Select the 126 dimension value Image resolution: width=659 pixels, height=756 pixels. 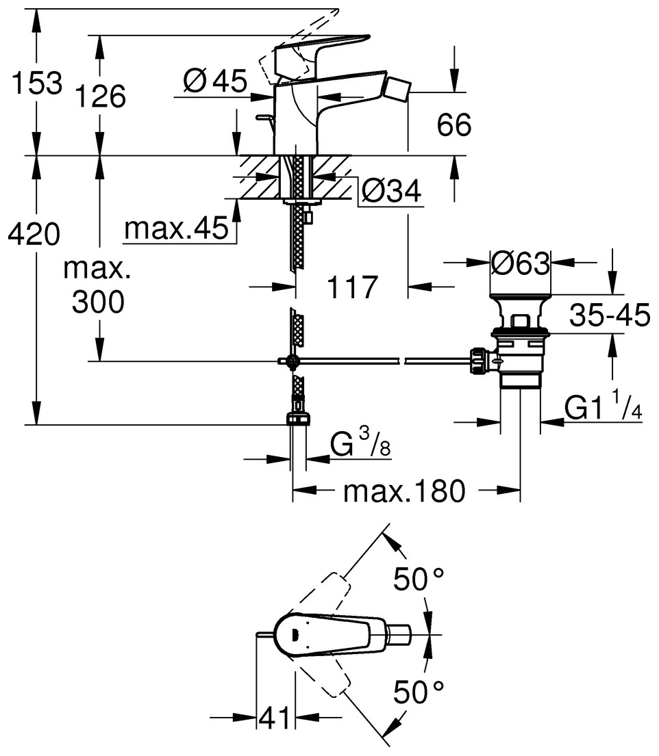[x=101, y=97]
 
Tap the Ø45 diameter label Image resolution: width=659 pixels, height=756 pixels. [x=215, y=83]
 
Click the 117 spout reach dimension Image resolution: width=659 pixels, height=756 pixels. [x=352, y=287]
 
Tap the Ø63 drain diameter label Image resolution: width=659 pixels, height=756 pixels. [x=521, y=263]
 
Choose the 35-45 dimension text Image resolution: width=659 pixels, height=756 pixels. [x=608, y=316]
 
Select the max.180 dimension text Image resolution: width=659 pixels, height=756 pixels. [x=404, y=491]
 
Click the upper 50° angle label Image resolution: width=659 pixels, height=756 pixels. [x=419, y=581]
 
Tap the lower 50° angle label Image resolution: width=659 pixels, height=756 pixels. [x=419, y=694]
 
